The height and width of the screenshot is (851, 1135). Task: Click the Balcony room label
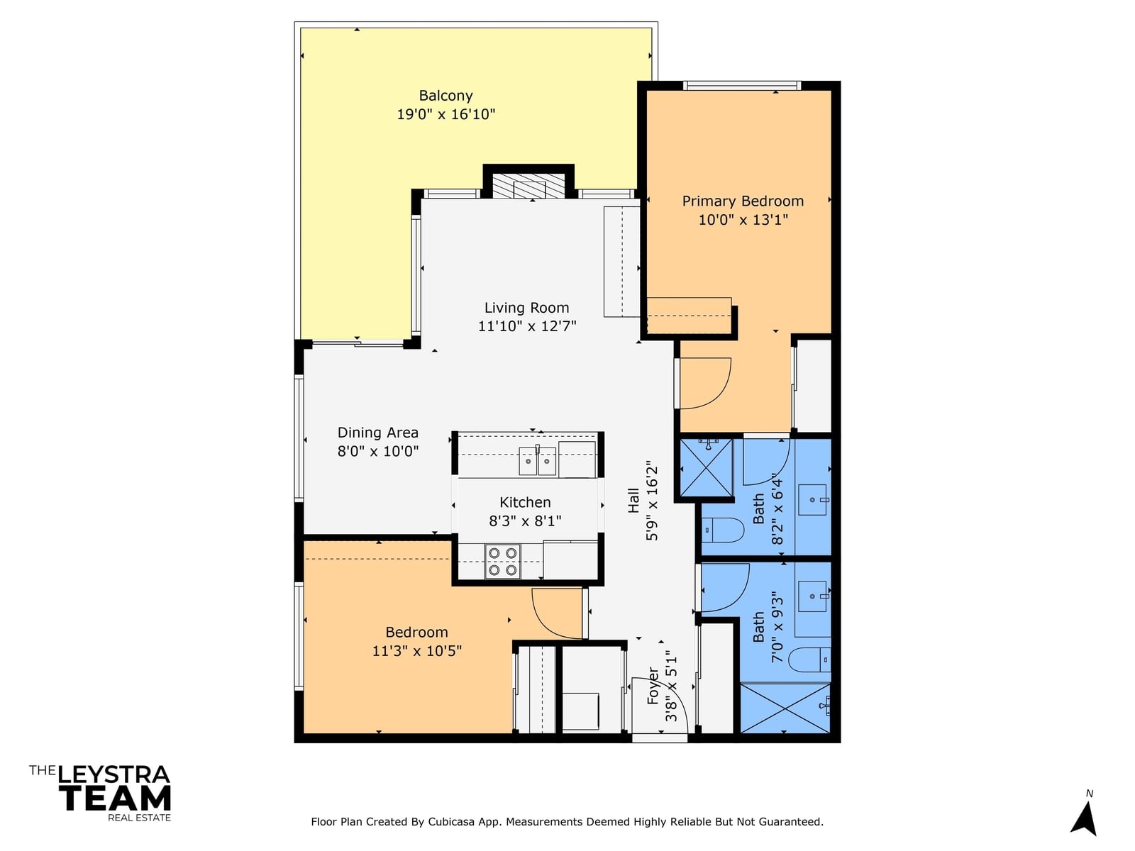click(x=445, y=96)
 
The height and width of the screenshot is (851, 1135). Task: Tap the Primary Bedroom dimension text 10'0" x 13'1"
click(x=743, y=220)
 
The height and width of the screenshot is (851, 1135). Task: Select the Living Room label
click(x=526, y=308)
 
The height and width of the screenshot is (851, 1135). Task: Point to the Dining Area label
click(x=377, y=433)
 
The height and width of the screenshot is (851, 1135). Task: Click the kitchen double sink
click(x=537, y=461)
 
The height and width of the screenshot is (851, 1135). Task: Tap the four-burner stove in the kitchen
click(x=503, y=561)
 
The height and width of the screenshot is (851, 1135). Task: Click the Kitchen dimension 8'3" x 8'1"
click(x=525, y=521)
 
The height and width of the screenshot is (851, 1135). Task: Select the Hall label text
click(x=633, y=501)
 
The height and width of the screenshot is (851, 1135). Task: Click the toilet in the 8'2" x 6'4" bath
click(x=722, y=530)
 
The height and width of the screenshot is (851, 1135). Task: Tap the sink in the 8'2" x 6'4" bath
click(x=813, y=500)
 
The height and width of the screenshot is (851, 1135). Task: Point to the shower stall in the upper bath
click(x=706, y=467)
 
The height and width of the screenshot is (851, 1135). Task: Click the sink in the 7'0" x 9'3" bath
click(x=814, y=596)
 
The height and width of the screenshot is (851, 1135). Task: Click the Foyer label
click(x=653, y=686)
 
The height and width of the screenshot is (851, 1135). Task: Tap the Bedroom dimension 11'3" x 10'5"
click(x=417, y=650)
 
